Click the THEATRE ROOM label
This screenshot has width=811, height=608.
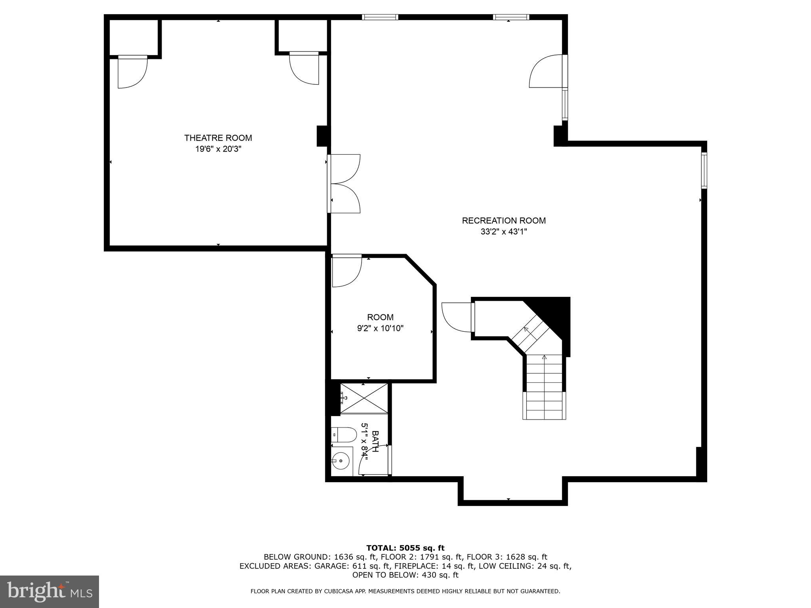coord(218,138)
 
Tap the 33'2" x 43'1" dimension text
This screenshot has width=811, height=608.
coord(503,232)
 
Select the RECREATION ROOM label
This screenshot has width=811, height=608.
coord(503,220)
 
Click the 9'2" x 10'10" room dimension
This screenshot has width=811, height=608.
coord(380,328)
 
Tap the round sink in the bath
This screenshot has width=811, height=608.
coord(341,461)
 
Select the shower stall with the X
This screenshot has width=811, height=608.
coord(364,399)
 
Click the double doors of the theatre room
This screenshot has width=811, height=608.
coord(344,184)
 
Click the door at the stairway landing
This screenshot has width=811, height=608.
coord(457,317)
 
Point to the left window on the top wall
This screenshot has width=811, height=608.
coord(380,17)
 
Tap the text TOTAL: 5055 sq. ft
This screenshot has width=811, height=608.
coord(405,548)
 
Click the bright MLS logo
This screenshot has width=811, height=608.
coord(49,591)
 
